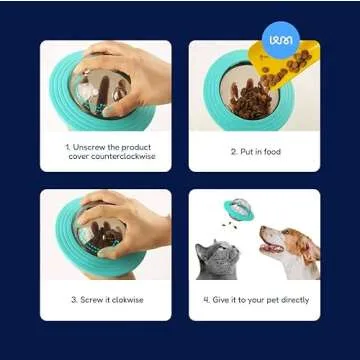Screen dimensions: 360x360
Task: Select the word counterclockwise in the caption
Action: pos(112,156)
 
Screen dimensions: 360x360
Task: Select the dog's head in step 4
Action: pos(291,245)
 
